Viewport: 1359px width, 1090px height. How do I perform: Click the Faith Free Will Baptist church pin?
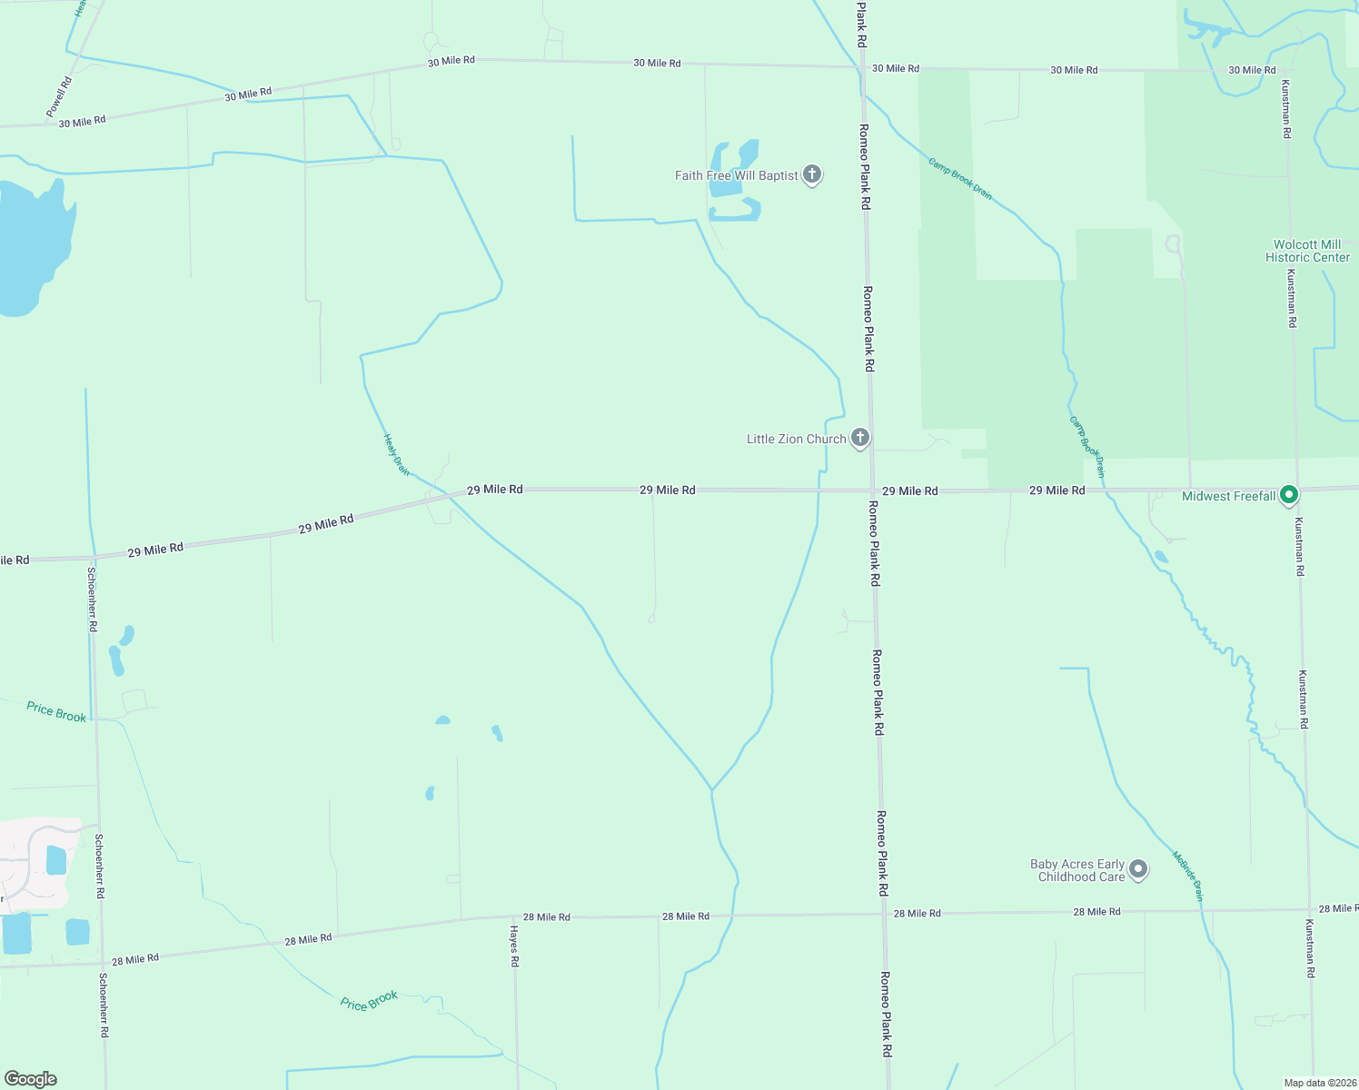pos(812,174)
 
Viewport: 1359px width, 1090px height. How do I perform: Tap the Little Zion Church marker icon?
pos(859,438)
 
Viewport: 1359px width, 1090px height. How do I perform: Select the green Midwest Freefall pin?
pos(1288,495)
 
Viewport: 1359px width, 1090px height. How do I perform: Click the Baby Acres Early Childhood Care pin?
pos(1138,869)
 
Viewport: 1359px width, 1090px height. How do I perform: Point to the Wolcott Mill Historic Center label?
pos(1307,251)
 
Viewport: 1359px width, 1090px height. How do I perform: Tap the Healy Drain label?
pos(396,454)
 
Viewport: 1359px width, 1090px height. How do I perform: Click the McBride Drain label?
pos(1188,875)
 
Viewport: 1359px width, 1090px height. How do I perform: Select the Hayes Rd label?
pos(514,946)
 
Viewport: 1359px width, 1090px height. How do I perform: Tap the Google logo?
pos(31,1078)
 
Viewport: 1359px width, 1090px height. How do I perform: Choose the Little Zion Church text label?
pos(796,439)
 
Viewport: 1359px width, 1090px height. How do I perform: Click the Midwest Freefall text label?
pos(1228,496)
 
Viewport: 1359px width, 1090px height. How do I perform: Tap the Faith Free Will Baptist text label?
pos(736,175)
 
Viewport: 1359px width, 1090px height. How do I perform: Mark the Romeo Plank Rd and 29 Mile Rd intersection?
pos(872,490)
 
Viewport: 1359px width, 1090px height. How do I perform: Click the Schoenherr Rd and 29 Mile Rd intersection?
pos(93,557)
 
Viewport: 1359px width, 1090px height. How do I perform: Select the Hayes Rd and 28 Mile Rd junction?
pos(515,917)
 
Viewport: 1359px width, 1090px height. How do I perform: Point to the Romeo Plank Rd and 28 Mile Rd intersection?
pos(884,914)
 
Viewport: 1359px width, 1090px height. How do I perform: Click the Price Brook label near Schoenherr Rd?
pos(56,712)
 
